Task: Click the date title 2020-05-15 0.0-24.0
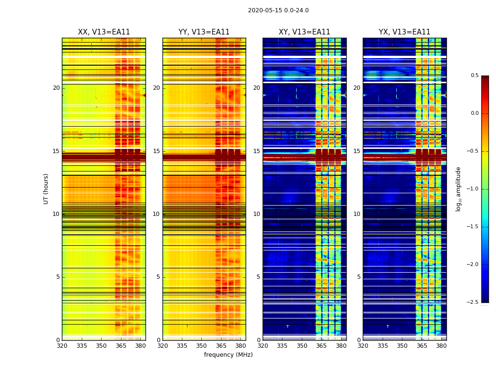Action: (278, 10)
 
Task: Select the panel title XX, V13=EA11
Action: (104, 32)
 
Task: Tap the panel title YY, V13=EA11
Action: (204, 32)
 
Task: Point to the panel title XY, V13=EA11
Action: (304, 32)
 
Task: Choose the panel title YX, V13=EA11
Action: (404, 32)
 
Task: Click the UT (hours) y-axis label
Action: (46, 189)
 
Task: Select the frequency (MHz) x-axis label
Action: (228, 355)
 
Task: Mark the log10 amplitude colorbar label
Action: (458, 189)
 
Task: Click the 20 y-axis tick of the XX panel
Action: (56, 88)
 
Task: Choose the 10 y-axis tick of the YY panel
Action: (156, 214)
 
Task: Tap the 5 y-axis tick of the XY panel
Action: (258, 277)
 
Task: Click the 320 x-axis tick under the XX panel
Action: (62, 346)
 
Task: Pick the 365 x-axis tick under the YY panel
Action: (221, 346)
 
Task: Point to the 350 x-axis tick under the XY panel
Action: (302, 346)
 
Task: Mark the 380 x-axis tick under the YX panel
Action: (441, 346)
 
